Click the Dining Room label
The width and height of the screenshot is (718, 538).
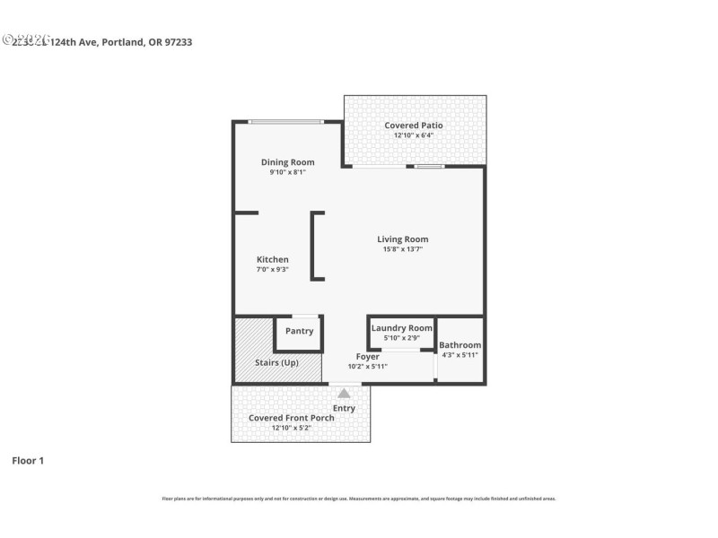[287, 162]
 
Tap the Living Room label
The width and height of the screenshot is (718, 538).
[402, 239]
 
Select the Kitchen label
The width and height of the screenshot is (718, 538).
[272, 260]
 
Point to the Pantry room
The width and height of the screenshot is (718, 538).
[299, 332]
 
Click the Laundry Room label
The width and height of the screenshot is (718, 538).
[401, 328]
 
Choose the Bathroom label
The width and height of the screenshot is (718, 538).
[460, 345]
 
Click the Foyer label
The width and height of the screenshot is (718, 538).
[367, 357]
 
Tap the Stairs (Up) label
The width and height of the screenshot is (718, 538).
[276, 362]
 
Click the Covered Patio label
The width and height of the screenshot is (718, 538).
[414, 126]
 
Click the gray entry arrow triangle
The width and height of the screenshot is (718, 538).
[344, 393]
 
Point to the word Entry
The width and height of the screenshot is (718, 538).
[344, 408]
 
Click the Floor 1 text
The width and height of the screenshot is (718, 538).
[27, 461]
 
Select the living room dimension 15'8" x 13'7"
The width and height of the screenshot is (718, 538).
[402, 249]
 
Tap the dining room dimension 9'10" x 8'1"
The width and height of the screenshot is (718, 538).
[287, 172]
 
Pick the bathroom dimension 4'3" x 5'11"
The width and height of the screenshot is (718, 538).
[460, 355]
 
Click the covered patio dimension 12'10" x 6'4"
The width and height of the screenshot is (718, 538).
[414, 135]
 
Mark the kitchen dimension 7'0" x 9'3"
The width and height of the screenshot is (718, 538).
[272, 270]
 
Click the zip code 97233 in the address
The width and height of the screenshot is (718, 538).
[178, 42]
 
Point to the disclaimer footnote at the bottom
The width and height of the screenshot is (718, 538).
[358, 499]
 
